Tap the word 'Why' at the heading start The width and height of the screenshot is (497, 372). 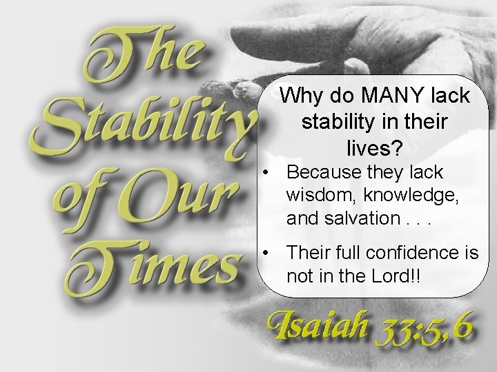click(x=300, y=96)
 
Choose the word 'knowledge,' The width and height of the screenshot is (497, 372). click(x=412, y=196)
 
